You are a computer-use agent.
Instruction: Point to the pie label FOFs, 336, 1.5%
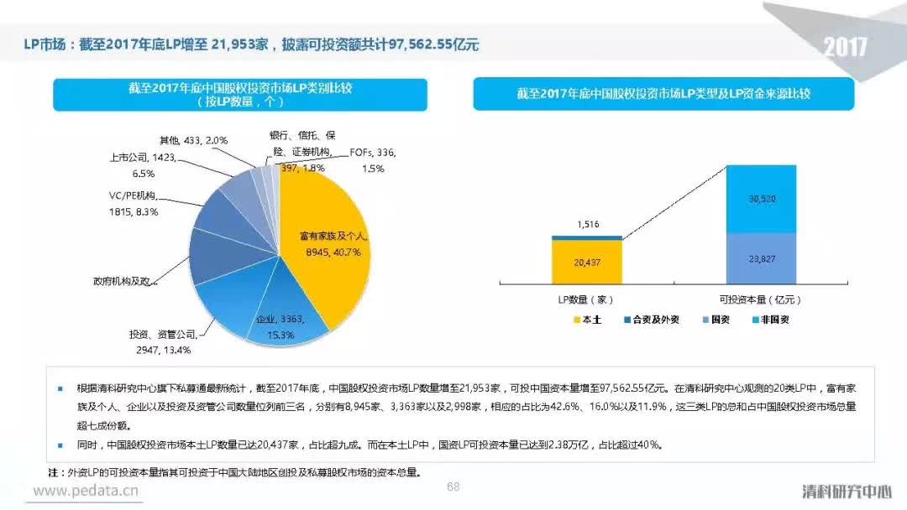[x=372, y=160]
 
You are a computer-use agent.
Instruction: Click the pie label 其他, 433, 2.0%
[x=193, y=139]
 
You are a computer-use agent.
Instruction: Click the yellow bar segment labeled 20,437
[x=587, y=263]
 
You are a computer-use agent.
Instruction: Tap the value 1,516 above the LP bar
[x=587, y=224]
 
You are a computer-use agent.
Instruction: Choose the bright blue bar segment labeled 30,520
[x=761, y=198]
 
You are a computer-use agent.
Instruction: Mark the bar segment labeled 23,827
[x=761, y=259]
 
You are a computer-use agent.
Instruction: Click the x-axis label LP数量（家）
[x=587, y=299]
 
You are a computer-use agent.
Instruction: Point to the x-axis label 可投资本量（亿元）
[x=761, y=299]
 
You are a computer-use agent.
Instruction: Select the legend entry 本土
[x=587, y=320]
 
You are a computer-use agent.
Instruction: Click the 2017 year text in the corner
[x=845, y=47]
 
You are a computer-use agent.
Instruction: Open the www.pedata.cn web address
[x=86, y=491]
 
